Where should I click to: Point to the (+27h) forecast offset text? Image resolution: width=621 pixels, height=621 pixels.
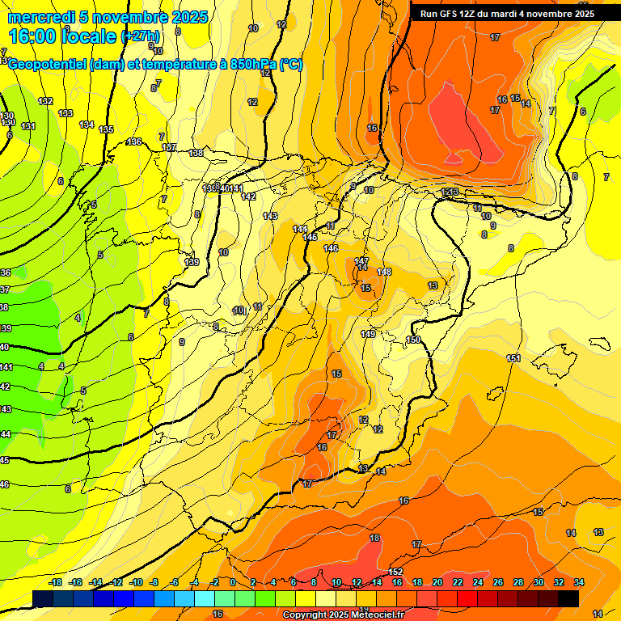141,36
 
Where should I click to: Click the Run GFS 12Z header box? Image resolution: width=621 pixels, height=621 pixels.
507,14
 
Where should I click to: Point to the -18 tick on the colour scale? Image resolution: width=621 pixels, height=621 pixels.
55,582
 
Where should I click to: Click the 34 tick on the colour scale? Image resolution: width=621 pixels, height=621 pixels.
579,582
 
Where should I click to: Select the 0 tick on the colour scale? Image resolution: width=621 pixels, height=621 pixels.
233,582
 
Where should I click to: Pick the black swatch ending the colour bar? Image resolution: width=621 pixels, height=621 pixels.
568,598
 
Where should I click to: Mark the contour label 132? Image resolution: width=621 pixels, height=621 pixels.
45,101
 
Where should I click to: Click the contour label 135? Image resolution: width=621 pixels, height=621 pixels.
106,129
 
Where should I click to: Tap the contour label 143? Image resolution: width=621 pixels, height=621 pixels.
270,216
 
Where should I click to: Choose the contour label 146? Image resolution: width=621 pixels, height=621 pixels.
331,248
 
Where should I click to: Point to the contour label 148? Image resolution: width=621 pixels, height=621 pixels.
384,272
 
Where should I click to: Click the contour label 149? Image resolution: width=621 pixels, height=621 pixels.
368,334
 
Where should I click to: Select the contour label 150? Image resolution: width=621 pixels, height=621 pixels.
413,340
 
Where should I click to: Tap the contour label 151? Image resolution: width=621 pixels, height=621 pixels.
513,358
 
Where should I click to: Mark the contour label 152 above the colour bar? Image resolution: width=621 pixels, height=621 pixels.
395,572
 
